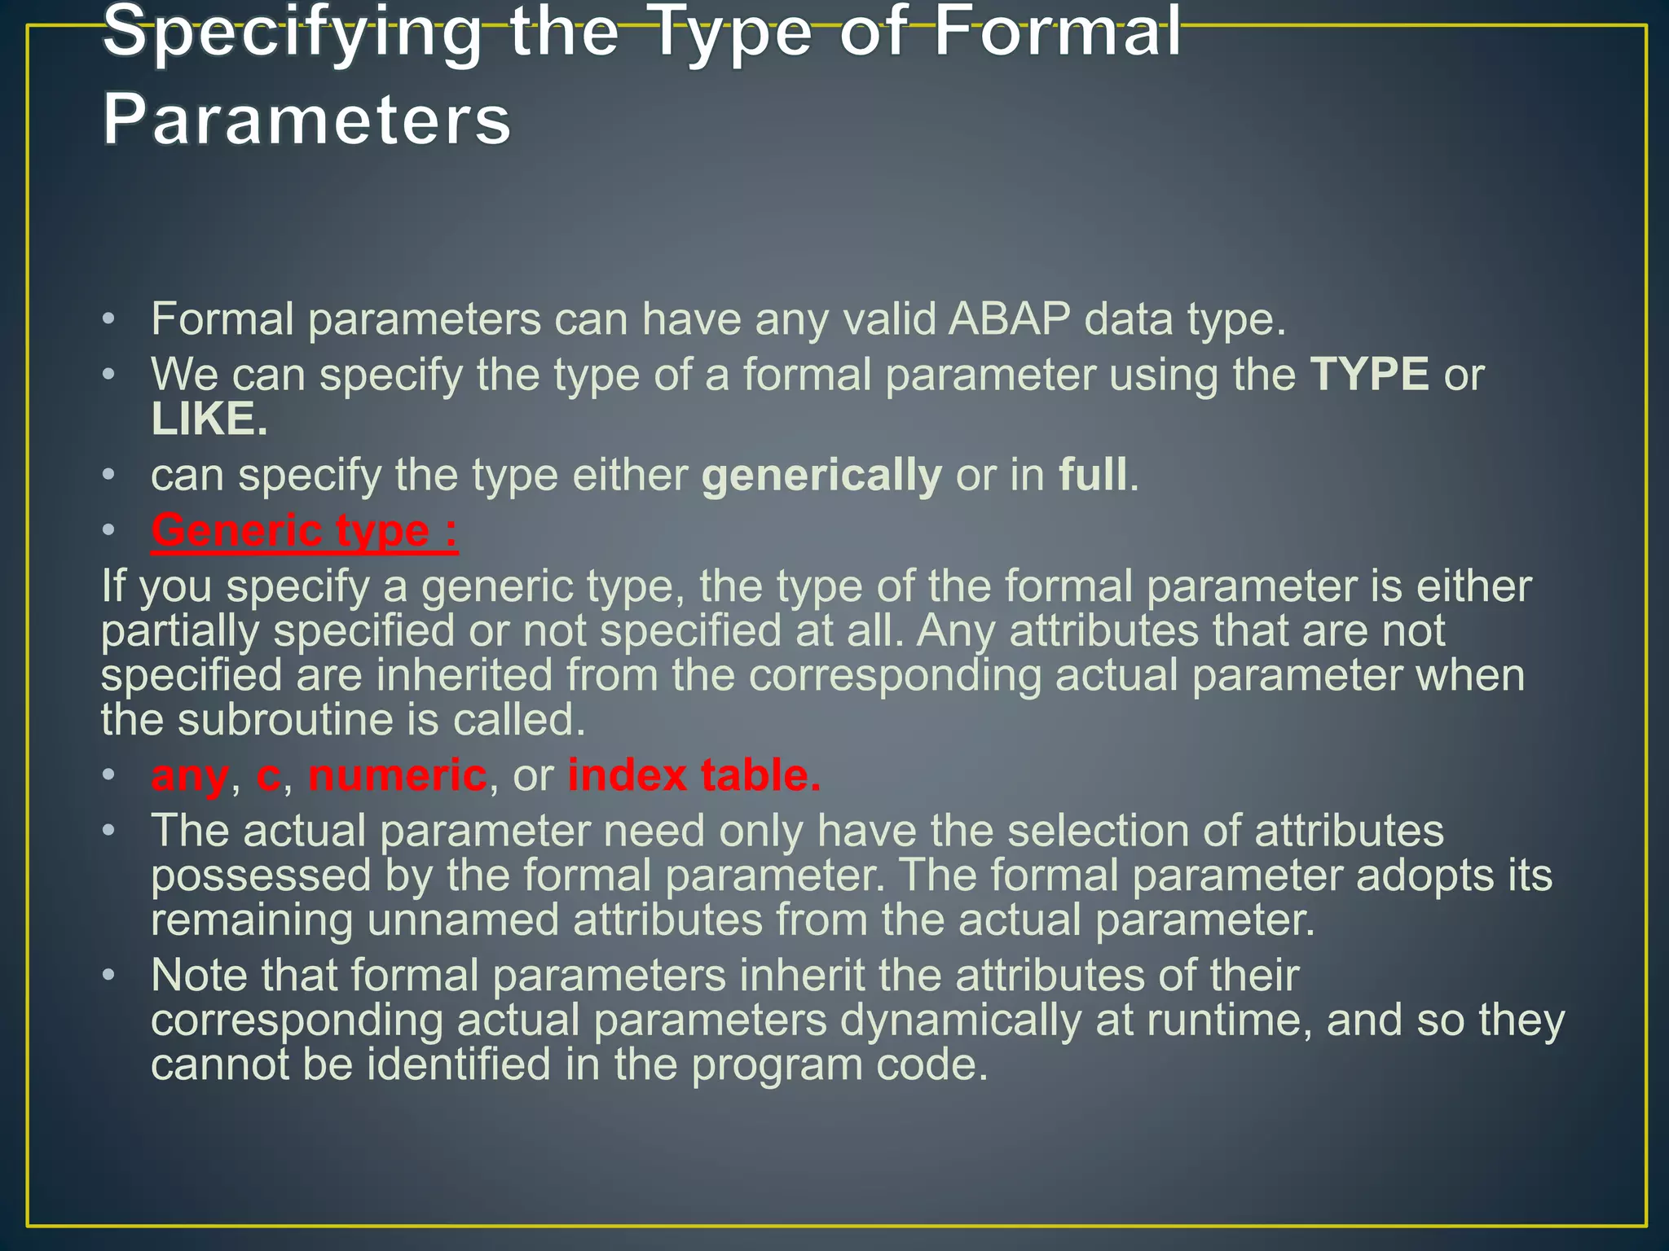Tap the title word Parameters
[306, 120]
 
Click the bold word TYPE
[1369, 375]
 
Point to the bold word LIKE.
[209, 419]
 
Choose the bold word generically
[821, 475]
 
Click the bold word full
[1093, 475]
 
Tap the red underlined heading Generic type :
[304, 531]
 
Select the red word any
[189, 775]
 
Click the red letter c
[268, 775]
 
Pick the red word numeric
[397, 775]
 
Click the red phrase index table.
[694, 775]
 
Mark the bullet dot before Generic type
[109, 532]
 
